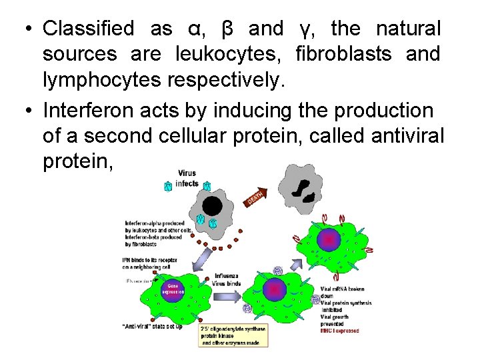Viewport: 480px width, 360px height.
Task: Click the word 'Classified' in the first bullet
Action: click(x=88, y=29)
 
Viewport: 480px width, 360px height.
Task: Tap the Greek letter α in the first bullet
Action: click(x=193, y=29)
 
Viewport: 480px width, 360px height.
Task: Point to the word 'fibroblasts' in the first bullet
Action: click(x=346, y=53)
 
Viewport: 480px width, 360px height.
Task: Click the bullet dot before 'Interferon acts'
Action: click(x=25, y=111)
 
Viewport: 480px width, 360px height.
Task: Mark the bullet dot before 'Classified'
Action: click(x=25, y=29)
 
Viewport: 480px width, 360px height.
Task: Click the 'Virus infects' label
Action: click(x=187, y=178)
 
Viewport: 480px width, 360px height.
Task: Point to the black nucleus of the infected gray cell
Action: click(x=211, y=205)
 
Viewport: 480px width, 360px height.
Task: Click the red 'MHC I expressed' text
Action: click(x=339, y=330)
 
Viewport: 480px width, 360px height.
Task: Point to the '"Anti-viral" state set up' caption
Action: click(x=153, y=327)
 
